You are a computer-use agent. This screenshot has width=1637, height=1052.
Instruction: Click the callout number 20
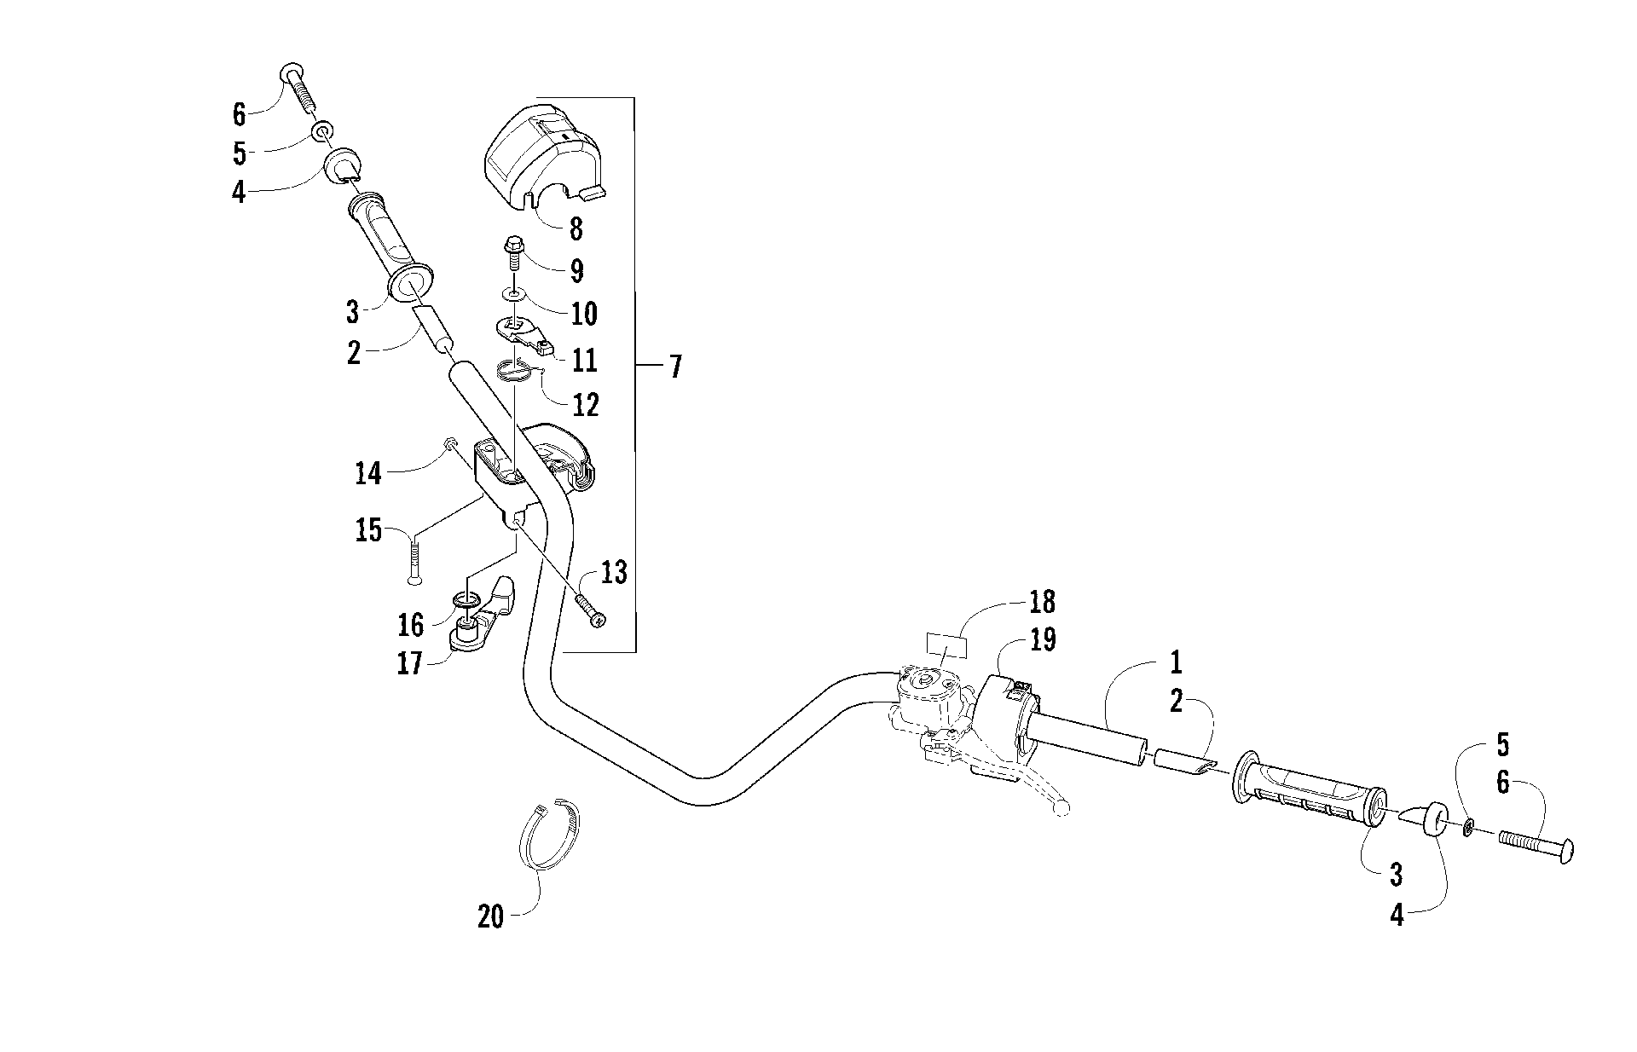coord(490,917)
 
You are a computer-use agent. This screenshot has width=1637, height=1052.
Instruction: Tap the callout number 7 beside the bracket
coord(674,367)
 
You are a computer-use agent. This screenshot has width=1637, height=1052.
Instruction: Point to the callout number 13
coord(613,573)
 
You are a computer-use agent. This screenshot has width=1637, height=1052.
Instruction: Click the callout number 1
coord(1176,662)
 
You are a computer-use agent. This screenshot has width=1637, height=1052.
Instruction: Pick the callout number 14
coord(368,473)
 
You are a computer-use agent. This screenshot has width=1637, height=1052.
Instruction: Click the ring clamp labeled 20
coord(549,834)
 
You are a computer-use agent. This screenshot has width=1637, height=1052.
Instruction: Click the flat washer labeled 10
coord(515,294)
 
